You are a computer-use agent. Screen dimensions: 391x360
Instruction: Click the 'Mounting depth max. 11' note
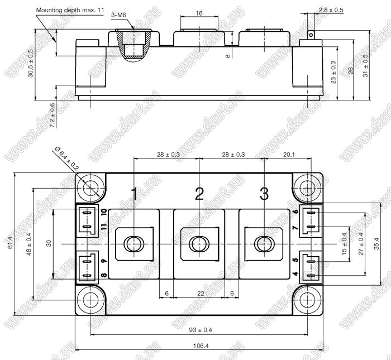pyautogui.click(x=70, y=10)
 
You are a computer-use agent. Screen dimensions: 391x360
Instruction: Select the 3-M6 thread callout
pyautogui.click(x=118, y=15)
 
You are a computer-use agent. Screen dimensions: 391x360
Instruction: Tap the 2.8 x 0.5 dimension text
pyautogui.click(x=331, y=10)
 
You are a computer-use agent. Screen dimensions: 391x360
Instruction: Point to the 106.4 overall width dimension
pyautogui.click(x=201, y=346)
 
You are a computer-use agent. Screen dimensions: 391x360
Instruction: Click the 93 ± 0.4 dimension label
pyautogui.click(x=201, y=330)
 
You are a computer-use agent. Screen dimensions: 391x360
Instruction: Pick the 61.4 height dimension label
pyautogui.click(x=10, y=242)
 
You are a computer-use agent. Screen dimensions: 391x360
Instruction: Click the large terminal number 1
pyautogui.click(x=134, y=194)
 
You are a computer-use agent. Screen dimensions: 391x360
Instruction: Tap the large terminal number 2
pyautogui.click(x=199, y=194)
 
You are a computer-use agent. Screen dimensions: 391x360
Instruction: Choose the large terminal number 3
pyautogui.click(x=264, y=194)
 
